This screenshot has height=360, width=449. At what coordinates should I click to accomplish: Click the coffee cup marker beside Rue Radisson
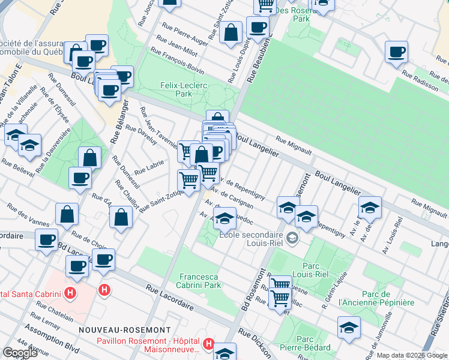pyautogui.click(x=396, y=52)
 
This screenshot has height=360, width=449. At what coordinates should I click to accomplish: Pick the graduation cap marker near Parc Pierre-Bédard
pyautogui.click(x=348, y=327)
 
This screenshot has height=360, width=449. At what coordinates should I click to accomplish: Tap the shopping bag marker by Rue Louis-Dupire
pyautogui.click(x=231, y=32)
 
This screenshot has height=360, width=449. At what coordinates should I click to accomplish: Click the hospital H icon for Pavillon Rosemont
pyautogui.click(x=208, y=344)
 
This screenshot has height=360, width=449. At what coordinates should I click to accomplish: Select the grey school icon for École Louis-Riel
pyautogui.click(x=292, y=238)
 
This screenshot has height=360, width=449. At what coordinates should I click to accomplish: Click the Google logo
pyautogui.click(x=20, y=352)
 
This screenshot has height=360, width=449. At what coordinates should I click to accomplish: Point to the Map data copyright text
pyautogui.click(x=412, y=355)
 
